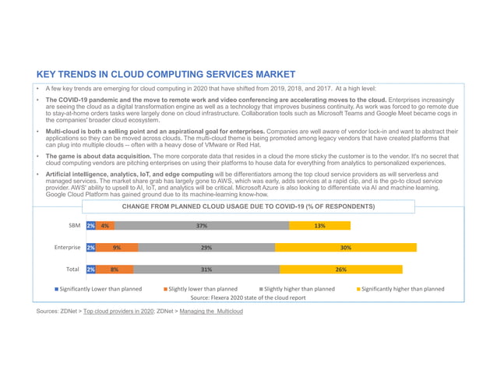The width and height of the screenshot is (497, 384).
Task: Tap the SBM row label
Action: tap(74, 226)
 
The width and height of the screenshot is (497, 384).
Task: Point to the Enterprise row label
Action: tap(67, 248)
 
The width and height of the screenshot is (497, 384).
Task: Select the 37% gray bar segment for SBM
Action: tap(201, 226)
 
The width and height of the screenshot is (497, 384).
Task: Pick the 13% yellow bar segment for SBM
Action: tap(319, 226)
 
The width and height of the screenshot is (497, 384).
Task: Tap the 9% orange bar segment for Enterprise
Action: tap(117, 248)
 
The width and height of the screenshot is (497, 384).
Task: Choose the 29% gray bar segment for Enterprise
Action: tap(206, 248)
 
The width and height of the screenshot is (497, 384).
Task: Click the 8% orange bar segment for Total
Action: tap(115, 270)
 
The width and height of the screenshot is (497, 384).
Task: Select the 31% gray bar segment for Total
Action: tap(206, 270)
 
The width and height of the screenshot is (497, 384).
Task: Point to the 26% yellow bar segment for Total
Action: tap(341, 270)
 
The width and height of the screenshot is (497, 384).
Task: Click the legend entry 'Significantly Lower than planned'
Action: tap(98, 289)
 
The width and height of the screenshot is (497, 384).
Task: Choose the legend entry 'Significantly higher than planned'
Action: tap(400, 289)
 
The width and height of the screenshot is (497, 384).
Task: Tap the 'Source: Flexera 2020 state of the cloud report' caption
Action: tap(248, 298)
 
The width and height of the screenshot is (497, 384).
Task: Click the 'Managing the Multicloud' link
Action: tap(211, 312)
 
